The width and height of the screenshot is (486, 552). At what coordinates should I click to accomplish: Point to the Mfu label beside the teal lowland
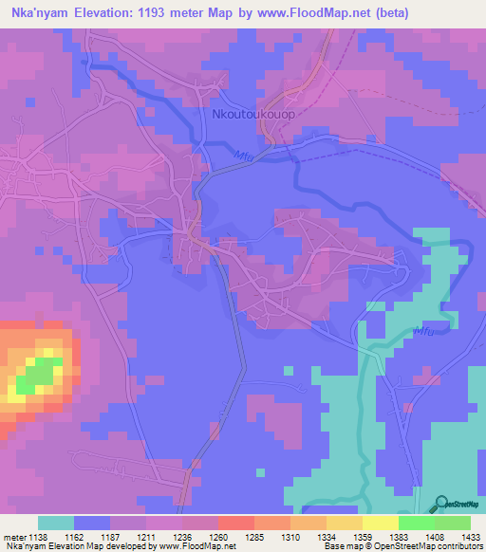pyautogui.click(x=427, y=331)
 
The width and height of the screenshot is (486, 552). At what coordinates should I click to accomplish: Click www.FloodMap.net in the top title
pyautogui.click(x=343, y=15)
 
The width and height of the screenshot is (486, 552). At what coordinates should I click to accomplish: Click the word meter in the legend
pyautogui.click(x=14, y=536)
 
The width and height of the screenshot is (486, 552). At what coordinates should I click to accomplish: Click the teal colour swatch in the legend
pyautogui.click(x=55, y=523)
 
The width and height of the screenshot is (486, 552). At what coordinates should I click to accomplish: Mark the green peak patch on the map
pyautogui.click(x=36, y=377)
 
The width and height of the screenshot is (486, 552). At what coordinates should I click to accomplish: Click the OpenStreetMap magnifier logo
pyautogui.click(x=440, y=503)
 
